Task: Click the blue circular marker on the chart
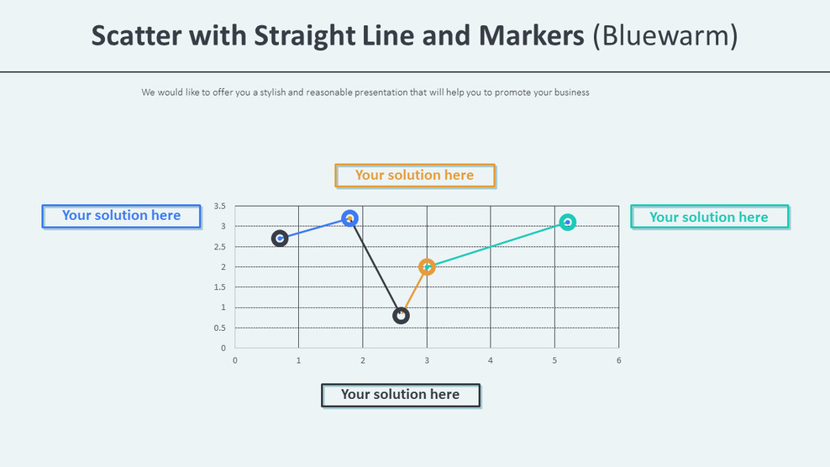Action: (x=350, y=218)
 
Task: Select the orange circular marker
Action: (x=427, y=267)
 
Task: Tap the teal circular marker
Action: (x=568, y=223)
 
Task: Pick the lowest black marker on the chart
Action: (x=401, y=316)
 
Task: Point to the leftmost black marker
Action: (x=280, y=239)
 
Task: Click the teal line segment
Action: (x=497, y=244)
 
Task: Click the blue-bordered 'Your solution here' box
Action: (x=122, y=216)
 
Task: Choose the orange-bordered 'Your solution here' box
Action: (x=415, y=176)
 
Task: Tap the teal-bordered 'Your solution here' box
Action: (x=709, y=218)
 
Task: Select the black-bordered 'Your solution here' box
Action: (x=401, y=395)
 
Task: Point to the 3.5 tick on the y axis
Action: (x=219, y=206)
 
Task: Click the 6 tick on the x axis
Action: (x=619, y=360)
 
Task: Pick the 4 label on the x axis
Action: (x=491, y=360)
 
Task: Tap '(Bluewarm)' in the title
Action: (x=665, y=36)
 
